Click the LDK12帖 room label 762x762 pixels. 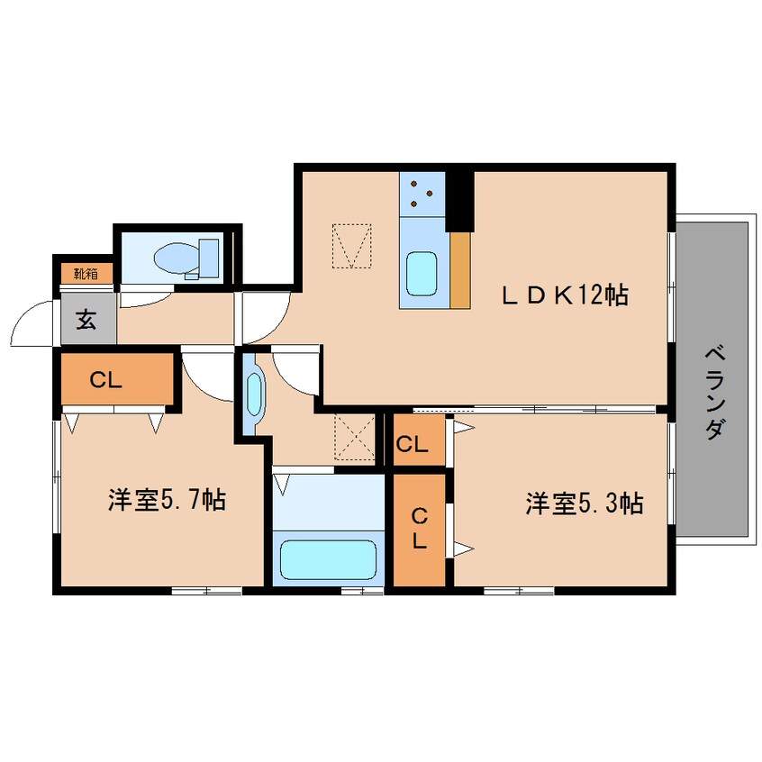[x=565, y=295]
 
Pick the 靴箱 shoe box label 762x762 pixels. [x=86, y=274]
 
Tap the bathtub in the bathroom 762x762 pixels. [x=329, y=559]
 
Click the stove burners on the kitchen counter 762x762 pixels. [x=422, y=194]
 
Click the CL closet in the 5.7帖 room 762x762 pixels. [x=117, y=378]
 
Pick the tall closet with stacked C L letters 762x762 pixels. [x=419, y=531]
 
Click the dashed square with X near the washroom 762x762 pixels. [x=355, y=438]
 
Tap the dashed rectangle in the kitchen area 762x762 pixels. [x=352, y=245]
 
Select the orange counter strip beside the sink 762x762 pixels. [x=460, y=270]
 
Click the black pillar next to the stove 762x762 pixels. [x=459, y=202]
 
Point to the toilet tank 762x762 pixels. [x=209, y=258]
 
